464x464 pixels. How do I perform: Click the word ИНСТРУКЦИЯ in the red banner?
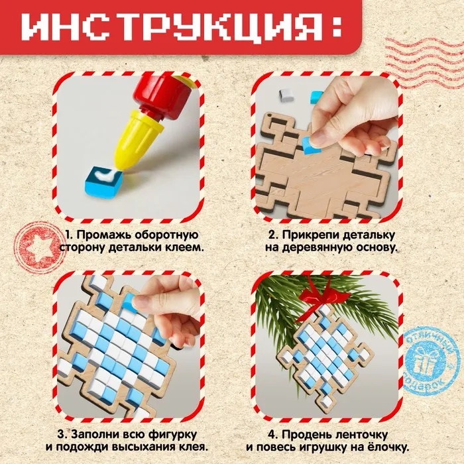(x=171, y=27)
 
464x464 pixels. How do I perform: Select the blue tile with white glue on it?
(x=103, y=182)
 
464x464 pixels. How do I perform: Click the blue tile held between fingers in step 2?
(x=311, y=145)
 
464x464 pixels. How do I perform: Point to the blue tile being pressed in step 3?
(x=129, y=302)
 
